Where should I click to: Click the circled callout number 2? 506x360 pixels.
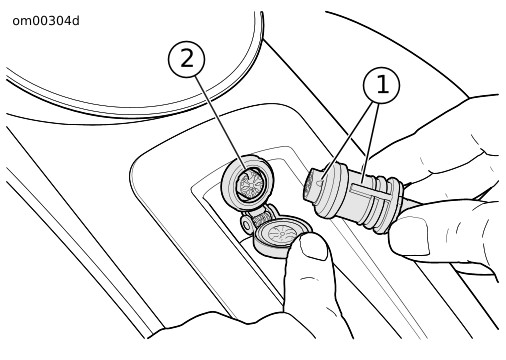click(186, 59)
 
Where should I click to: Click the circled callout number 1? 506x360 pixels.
click(381, 85)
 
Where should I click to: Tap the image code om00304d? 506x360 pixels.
click(46, 21)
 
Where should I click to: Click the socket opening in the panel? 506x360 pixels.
click(249, 184)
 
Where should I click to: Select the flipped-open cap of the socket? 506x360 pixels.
click(282, 237)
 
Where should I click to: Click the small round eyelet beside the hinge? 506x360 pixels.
click(247, 225)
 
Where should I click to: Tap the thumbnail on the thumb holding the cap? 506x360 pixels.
click(312, 248)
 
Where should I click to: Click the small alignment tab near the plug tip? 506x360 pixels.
click(320, 182)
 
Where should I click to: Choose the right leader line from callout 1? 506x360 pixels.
click(371, 143)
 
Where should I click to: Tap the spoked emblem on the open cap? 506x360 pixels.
click(283, 232)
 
